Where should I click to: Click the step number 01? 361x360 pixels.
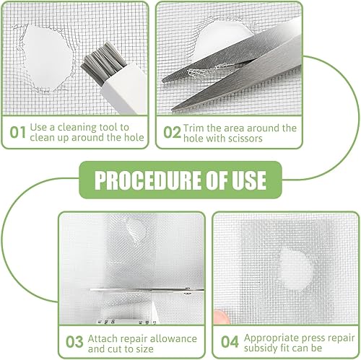17,132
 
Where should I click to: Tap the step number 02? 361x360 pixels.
172,132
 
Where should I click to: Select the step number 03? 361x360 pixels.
74,342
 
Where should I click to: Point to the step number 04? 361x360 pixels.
230,342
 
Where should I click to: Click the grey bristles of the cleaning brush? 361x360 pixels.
103,63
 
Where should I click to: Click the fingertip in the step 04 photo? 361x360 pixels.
221,317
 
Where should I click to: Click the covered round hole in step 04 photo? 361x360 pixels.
295,268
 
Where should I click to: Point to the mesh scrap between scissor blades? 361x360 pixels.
212,69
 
